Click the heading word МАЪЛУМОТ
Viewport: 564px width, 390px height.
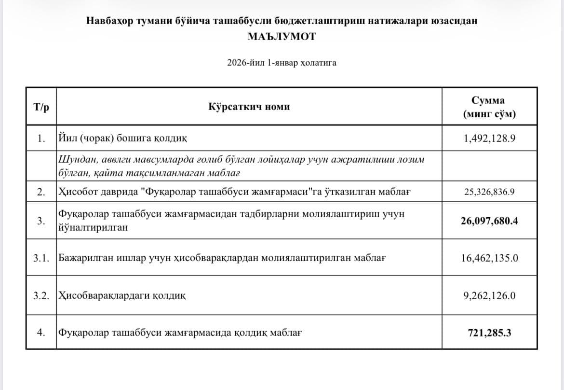point(282,36)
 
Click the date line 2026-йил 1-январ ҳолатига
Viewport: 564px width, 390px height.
point(282,63)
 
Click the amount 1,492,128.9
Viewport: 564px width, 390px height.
point(489,139)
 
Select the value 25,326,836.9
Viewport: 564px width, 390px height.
point(489,192)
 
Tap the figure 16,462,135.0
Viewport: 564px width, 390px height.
point(489,258)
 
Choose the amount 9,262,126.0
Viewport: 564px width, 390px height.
point(489,295)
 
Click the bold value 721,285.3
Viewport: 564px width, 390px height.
point(489,333)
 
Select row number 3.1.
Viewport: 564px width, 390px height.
point(41,258)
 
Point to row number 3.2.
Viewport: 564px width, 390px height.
point(41,295)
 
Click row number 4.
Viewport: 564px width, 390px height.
point(41,333)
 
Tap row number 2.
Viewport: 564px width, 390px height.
point(41,192)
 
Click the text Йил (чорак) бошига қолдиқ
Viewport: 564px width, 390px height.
point(122,139)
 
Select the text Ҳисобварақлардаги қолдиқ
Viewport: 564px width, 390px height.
point(121,295)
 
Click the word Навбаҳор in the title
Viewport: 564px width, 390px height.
point(107,21)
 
